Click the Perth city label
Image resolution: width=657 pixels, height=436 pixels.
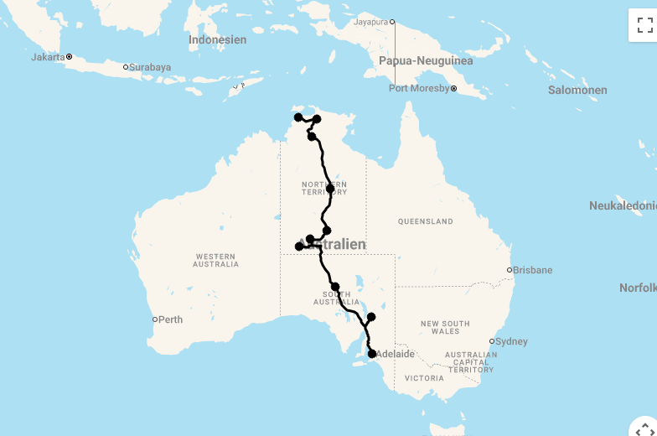(172, 319)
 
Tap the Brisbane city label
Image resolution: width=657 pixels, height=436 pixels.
(533, 270)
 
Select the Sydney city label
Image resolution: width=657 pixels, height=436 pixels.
(511, 341)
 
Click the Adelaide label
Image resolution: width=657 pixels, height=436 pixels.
(396, 354)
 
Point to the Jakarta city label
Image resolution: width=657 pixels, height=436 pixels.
(48, 57)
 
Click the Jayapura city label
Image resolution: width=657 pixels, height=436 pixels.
(371, 22)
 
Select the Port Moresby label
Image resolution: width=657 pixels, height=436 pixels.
(419, 88)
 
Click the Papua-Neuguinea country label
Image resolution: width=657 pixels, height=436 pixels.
(426, 60)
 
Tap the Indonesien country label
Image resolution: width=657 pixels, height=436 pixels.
(218, 39)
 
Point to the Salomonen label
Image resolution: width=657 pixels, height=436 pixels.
(577, 90)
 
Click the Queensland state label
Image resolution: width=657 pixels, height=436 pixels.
(425, 222)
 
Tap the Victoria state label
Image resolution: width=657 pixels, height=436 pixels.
(424, 378)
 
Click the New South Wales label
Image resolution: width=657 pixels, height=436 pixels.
(445, 328)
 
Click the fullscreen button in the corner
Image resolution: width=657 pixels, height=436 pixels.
(644, 24)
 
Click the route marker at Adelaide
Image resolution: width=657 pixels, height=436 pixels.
(372, 354)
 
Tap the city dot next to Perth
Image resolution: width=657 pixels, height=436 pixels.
(155, 319)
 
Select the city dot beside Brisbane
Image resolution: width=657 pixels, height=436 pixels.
(509, 270)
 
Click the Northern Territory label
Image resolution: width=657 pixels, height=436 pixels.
(323, 188)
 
